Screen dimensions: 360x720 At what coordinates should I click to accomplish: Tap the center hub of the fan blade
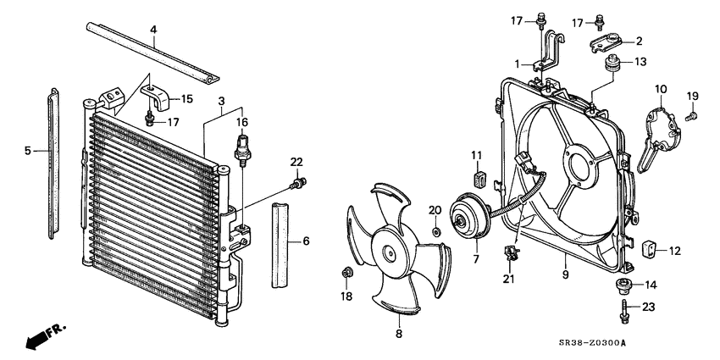[390, 253]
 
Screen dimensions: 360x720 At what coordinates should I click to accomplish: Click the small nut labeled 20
[435, 231]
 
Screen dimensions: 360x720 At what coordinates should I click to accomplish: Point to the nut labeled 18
[346, 272]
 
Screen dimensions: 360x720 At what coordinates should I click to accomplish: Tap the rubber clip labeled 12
[651, 247]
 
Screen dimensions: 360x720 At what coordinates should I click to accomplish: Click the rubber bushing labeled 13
[610, 64]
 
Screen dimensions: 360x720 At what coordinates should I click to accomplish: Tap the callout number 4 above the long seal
[153, 30]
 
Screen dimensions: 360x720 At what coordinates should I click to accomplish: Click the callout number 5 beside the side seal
[27, 150]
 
